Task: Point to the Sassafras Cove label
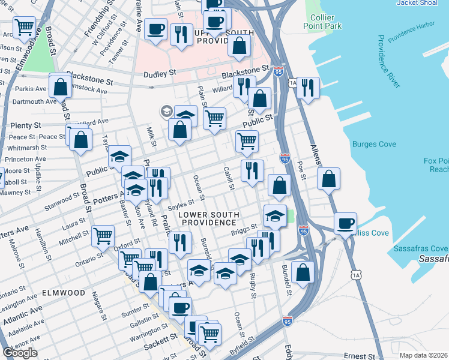(x=420, y=248)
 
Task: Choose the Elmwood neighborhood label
(x=64, y=293)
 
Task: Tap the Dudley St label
(x=159, y=73)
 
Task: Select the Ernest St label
(x=359, y=356)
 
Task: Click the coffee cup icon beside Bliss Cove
(x=345, y=223)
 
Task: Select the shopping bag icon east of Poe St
(x=328, y=178)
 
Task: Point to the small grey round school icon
(x=165, y=111)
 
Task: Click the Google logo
(x=20, y=353)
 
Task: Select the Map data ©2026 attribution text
(x=423, y=355)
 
